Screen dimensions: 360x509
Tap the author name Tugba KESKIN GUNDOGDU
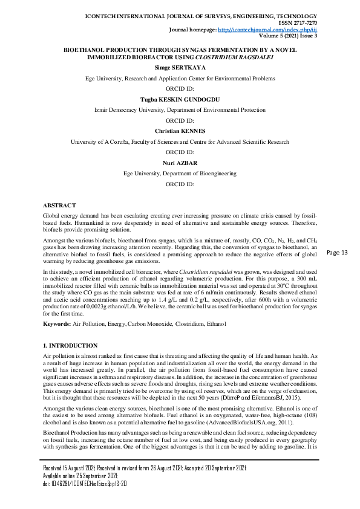tap(180, 100)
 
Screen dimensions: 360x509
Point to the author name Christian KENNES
tap(180, 131)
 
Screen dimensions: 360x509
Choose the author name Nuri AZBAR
tap(180, 163)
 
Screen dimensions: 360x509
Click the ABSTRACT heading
tap(59, 206)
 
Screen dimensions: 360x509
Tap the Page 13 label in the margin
tap(337, 252)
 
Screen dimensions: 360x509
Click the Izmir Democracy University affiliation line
tap(180, 111)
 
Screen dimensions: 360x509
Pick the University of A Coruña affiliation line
tap(180, 141)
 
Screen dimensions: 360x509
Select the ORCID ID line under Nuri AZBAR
tap(180, 183)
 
